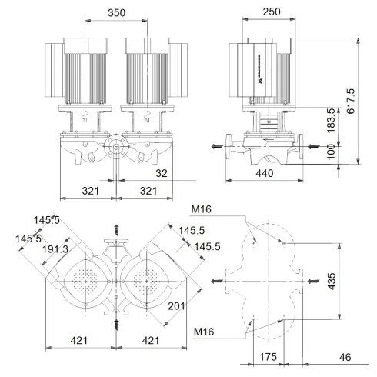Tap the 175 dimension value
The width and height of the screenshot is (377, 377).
pyautogui.click(x=268, y=358)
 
